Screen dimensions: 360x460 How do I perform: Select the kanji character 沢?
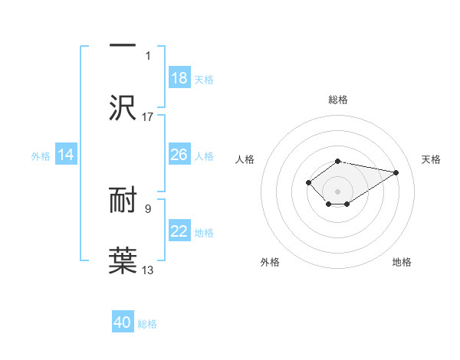pos(123,107)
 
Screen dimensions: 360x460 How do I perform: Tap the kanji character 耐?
pos(123,201)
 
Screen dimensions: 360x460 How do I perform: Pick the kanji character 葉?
pos(123,260)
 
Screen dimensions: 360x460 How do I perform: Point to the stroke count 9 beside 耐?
pos(148,208)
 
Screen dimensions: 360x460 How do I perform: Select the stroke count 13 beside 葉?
pos(148,270)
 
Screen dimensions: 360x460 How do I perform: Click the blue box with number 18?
pos(179,78)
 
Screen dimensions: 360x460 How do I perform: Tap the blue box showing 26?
pos(179,155)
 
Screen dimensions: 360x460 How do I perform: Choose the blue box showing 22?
pos(179,231)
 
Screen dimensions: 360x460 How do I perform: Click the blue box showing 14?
pos(66,155)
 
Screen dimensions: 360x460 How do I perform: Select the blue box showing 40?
pos(123,322)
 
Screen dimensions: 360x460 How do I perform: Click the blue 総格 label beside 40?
pos(147,324)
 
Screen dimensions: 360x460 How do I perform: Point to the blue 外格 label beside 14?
pos(41,156)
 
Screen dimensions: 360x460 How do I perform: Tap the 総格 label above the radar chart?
pos(338,100)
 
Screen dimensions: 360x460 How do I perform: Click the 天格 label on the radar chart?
pos(432,159)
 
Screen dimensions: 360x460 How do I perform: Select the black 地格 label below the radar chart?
pos(402,262)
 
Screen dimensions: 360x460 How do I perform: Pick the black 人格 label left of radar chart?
pos(245,159)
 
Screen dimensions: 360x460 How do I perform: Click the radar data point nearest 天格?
pos(396,172)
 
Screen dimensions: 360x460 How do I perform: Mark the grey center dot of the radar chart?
pos(337,191)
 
